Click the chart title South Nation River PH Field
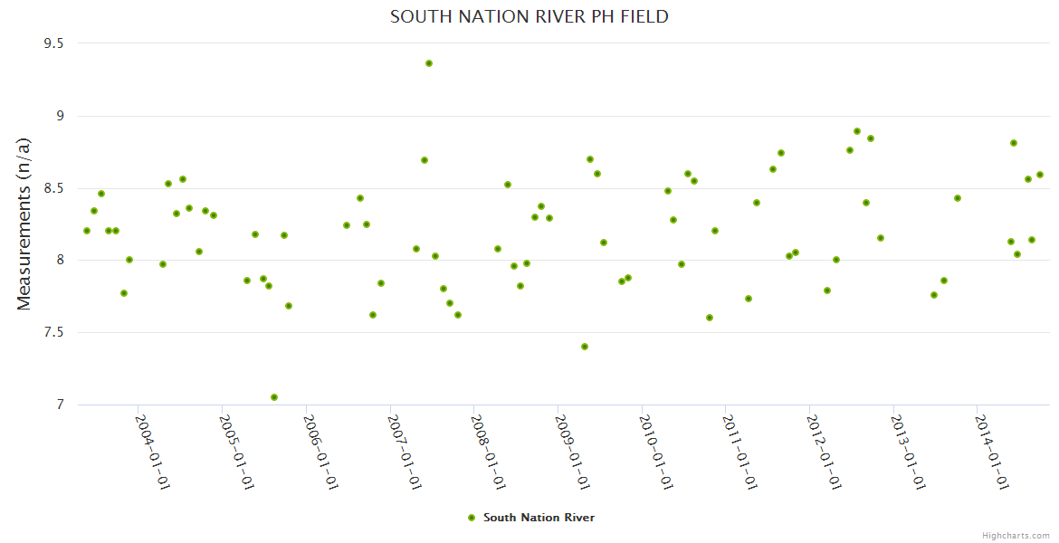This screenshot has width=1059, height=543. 529,16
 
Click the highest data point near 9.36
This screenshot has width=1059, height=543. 429,63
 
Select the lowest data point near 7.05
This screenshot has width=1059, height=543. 274,397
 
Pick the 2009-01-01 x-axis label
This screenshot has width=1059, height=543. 574,452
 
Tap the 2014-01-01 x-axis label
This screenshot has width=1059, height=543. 993,452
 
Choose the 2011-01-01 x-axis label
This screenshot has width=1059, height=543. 741,452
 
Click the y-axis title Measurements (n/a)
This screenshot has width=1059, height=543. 24,224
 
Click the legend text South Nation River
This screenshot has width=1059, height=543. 539,518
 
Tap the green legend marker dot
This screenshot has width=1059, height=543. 472,518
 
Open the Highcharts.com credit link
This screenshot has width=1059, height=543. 1016,535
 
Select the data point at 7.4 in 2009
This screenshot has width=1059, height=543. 585,347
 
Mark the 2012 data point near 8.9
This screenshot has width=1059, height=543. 857,131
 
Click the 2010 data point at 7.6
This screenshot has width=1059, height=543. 710,318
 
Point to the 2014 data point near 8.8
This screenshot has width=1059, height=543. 1014,143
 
